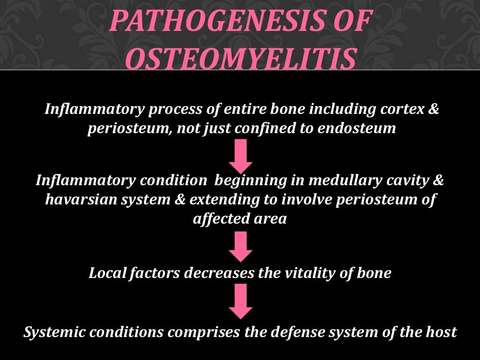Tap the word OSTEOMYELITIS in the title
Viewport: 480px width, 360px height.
coord(240,59)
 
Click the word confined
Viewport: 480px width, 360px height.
coord(267,128)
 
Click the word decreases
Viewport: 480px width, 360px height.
coord(218,273)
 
